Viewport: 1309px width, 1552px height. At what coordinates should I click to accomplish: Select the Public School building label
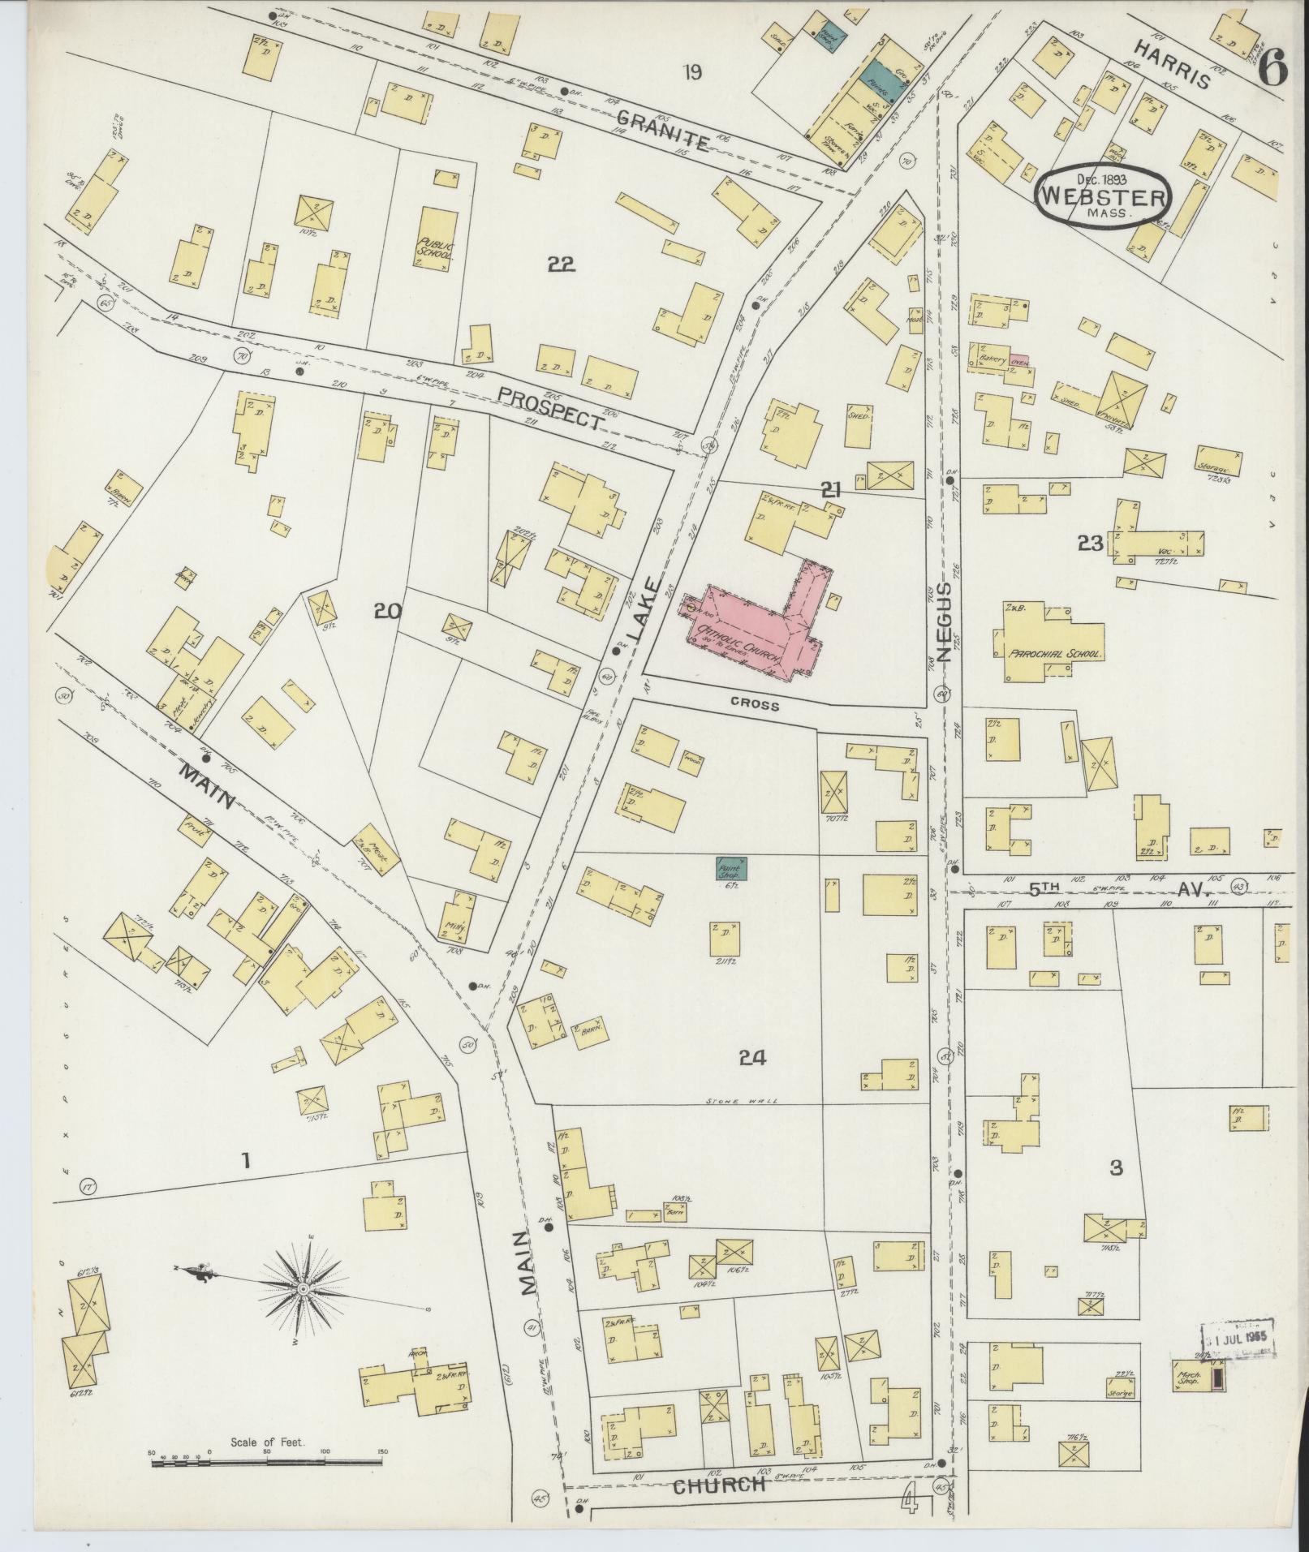[437, 247]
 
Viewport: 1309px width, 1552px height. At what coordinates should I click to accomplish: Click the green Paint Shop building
[731, 869]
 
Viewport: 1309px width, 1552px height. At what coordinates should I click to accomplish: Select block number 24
[753, 1057]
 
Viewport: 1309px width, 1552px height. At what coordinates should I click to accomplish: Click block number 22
[561, 264]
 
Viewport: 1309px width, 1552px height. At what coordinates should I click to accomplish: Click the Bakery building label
[992, 359]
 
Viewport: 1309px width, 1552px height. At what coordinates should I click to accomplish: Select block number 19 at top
[691, 73]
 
